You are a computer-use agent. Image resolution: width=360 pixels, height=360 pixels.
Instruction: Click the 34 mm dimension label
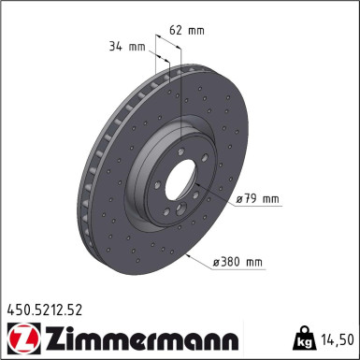[x=125, y=44]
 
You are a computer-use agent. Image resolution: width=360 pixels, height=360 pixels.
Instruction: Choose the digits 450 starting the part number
[x=19, y=305]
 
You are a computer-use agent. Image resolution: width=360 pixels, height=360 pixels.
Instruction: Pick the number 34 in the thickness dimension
[x=115, y=44]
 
